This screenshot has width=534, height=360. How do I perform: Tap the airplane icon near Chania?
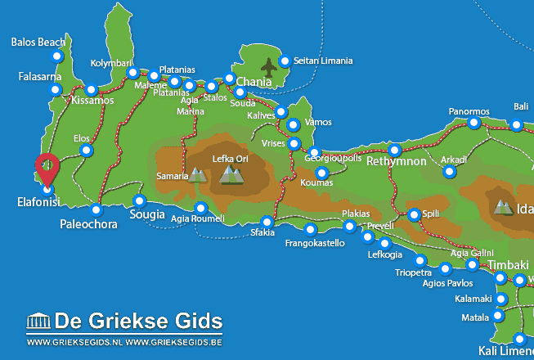click(268, 65)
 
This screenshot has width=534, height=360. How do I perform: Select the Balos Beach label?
click(39, 42)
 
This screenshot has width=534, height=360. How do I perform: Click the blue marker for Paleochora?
click(96, 209)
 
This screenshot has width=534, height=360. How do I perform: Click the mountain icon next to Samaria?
click(197, 174)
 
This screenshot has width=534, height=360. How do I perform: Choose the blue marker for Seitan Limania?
click(285, 61)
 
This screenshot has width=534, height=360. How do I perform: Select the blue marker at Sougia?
click(140, 201)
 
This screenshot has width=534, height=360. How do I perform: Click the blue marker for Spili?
click(414, 215)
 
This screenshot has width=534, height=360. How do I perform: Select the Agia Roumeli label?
click(197, 218)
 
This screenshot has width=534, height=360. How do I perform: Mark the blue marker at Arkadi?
click(449, 172)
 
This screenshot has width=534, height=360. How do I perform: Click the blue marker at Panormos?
click(473, 124)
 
